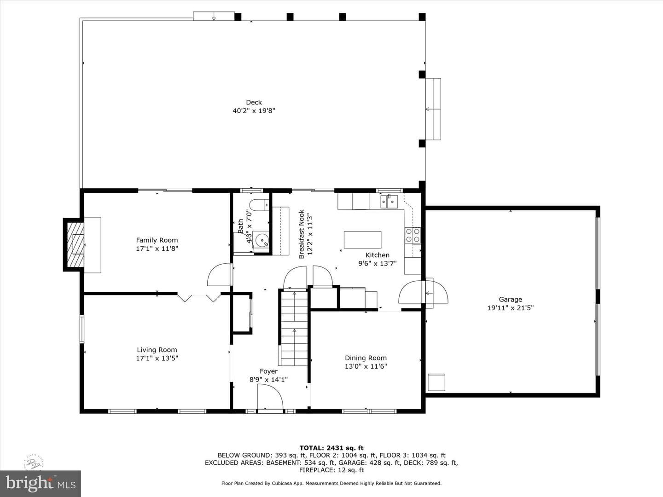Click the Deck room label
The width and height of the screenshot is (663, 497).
pyautogui.click(x=254, y=102)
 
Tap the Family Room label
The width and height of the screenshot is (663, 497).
pyautogui.click(x=157, y=240)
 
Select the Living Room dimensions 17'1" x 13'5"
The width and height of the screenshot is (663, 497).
pyautogui.click(x=157, y=358)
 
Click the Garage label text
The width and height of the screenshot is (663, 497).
pyautogui.click(x=511, y=300)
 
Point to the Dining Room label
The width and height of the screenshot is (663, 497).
pyautogui.click(x=366, y=358)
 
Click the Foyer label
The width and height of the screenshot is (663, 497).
pyautogui.click(x=268, y=371)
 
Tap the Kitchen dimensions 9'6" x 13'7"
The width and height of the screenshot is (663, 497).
pyautogui.click(x=377, y=263)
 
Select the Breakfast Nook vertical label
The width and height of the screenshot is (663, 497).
pyautogui.click(x=302, y=234)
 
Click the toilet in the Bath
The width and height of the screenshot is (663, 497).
pyautogui.click(x=259, y=205)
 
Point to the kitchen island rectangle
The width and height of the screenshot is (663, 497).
pyautogui.click(x=362, y=240)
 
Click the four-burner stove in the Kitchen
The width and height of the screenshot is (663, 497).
pyautogui.click(x=413, y=235)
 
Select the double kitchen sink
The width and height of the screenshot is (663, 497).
pyautogui.click(x=389, y=201)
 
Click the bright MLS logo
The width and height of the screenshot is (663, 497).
pyautogui.click(x=41, y=483)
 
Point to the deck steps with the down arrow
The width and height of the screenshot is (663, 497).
pyautogui.click(x=214, y=16)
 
